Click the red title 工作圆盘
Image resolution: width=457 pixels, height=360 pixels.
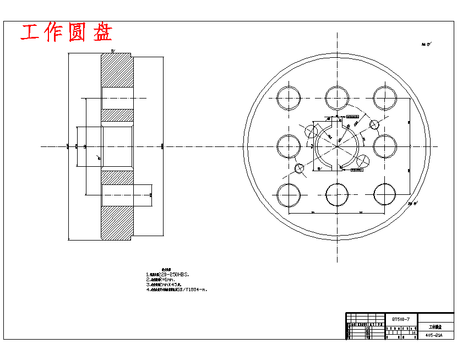(67, 32)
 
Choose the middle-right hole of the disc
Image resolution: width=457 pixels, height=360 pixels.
(385, 146)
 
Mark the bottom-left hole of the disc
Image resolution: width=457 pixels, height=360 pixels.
(289, 194)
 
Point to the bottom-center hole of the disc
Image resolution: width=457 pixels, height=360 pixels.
(337, 194)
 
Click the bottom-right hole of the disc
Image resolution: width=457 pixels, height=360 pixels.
(385, 194)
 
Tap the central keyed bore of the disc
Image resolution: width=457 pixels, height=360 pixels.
(337, 146)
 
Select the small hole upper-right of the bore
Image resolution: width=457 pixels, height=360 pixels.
(375, 126)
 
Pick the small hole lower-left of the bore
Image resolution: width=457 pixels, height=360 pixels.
(300, 168)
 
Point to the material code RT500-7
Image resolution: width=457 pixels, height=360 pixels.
(401, 319)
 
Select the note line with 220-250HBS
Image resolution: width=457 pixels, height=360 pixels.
(167, 274)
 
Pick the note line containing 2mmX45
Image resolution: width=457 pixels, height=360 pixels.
(166, 284)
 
